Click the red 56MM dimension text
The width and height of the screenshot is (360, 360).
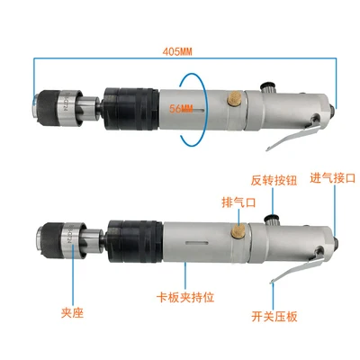click(181, 109)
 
